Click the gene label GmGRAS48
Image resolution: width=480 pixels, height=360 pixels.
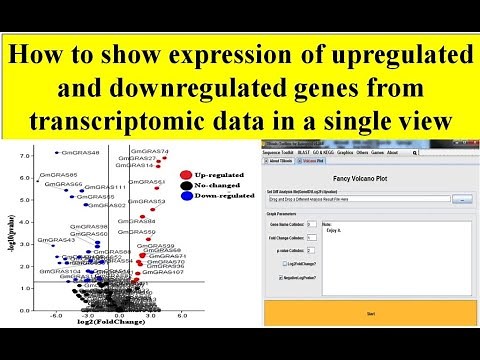click(80, 153)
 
